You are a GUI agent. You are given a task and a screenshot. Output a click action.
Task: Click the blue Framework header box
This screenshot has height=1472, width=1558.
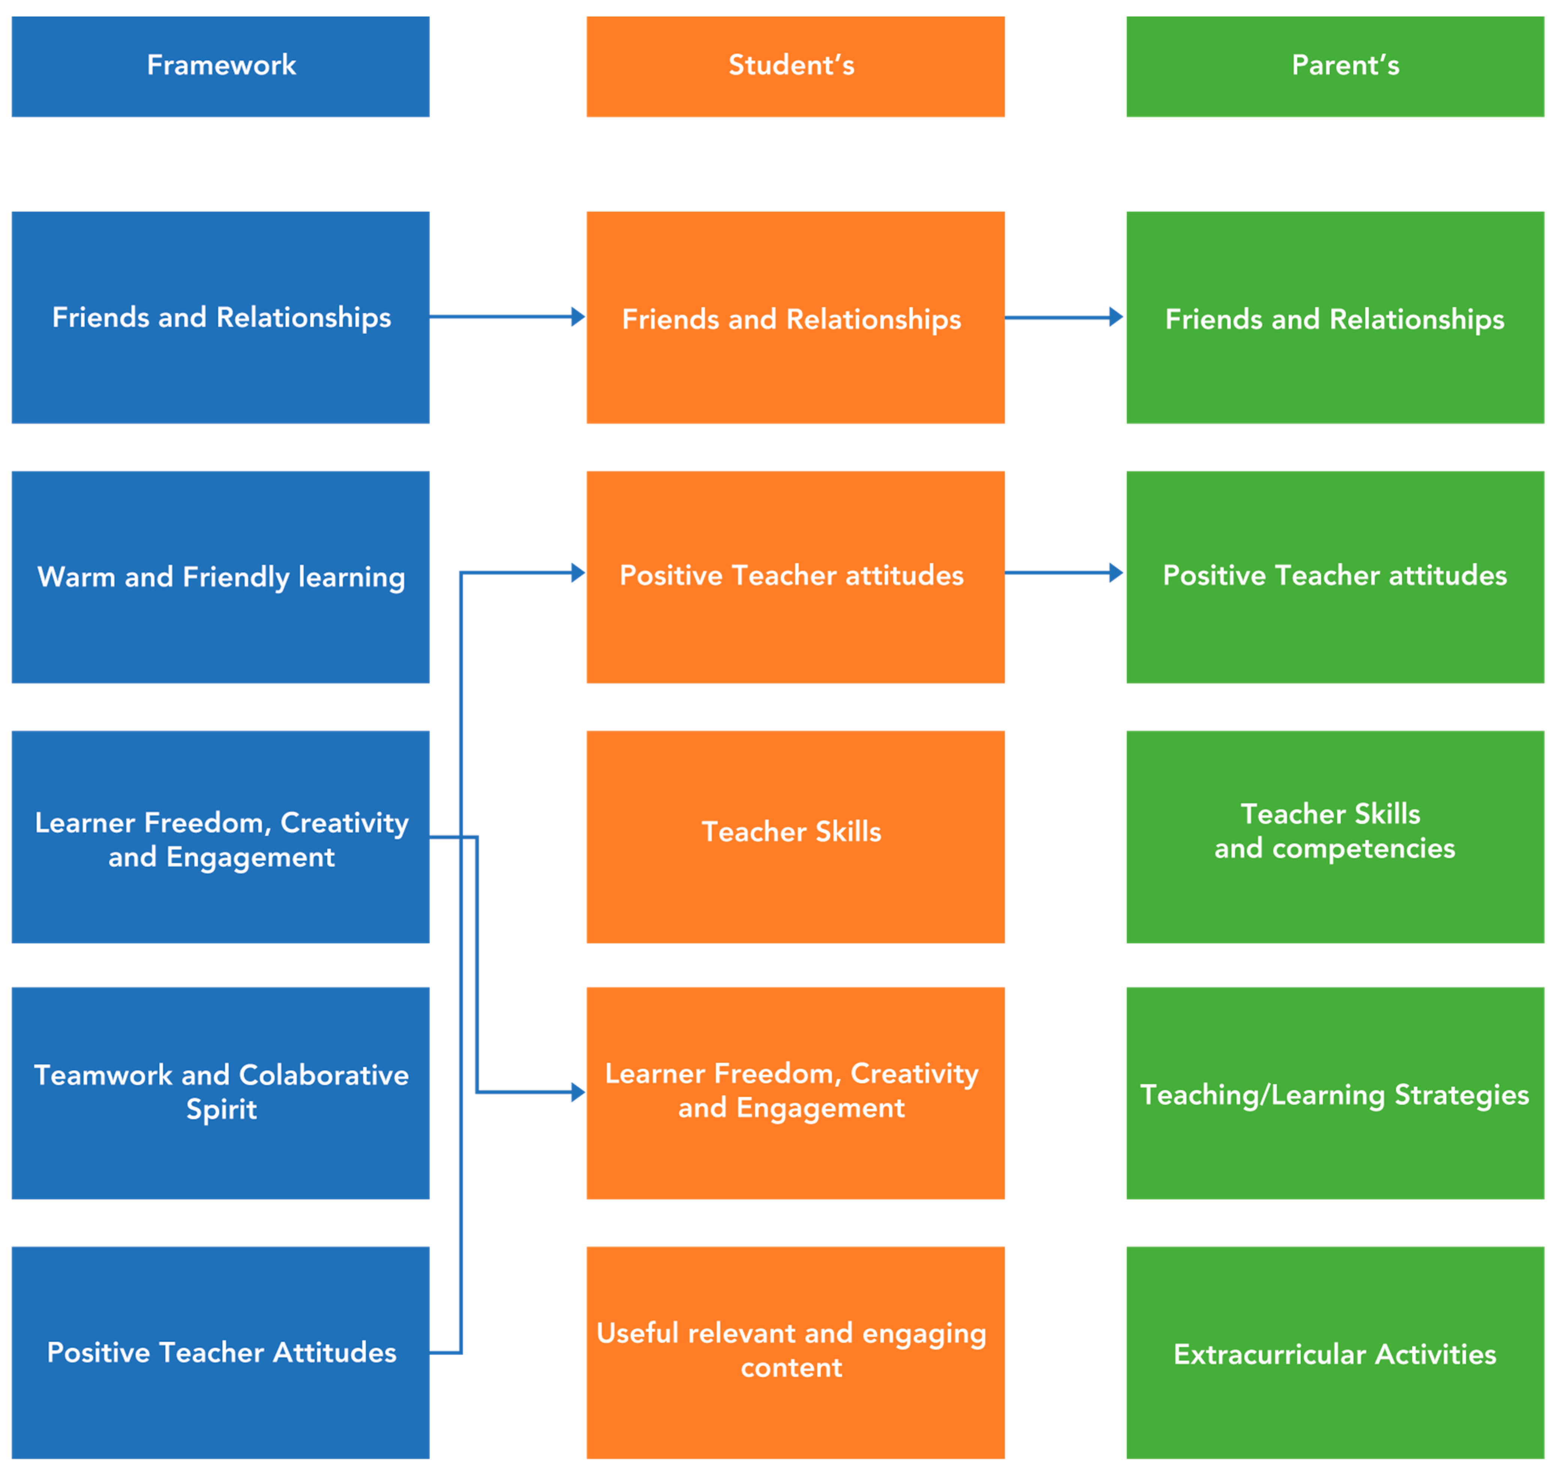coord(220,67)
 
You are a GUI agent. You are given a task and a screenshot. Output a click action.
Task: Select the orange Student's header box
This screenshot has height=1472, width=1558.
coord(795,67)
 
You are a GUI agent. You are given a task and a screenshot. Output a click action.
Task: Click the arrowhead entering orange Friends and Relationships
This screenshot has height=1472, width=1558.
coord(578,317)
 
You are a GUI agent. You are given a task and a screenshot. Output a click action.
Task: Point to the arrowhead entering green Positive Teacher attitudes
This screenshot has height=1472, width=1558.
coord(1116,573)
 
